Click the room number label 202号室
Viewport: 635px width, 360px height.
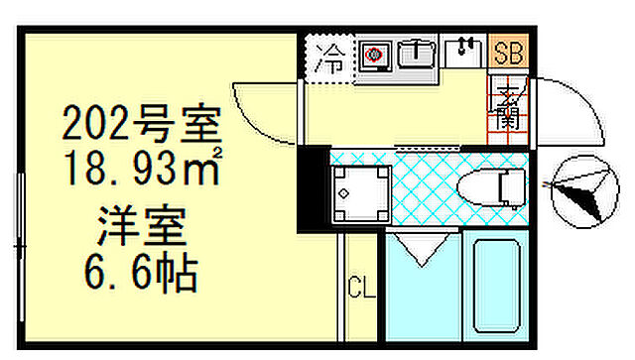[139, 125]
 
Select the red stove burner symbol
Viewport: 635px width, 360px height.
[374, 56]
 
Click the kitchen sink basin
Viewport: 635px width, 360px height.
[417, 56]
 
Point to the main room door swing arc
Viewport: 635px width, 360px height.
[266, 114]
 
